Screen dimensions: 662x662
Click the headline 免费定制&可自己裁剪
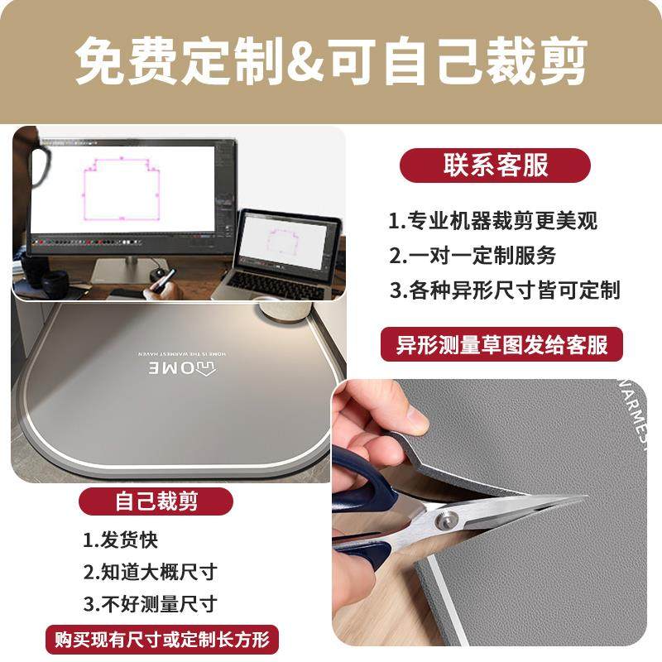(x=331, y=60)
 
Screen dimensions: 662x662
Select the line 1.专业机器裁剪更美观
(x=492, y=221)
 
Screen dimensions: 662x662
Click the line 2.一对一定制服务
(x=473, y=255)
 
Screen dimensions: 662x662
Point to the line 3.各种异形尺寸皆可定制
(x=505, y=290)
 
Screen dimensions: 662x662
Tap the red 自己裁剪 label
(x=156, y=501)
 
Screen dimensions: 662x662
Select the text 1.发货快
(x=121, y=541)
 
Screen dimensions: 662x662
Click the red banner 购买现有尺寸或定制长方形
(x=161, y=639)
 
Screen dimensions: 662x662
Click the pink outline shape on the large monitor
(x=122, y=188)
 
